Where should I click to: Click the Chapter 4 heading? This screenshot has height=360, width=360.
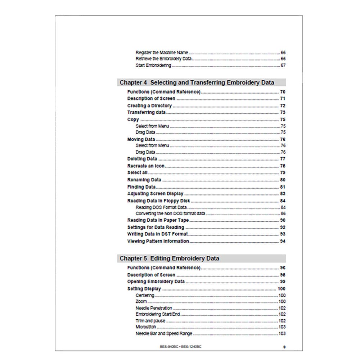tap(197, 82)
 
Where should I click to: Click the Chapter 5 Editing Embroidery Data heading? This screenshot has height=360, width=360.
tap(169, 258)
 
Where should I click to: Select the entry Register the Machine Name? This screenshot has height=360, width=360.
tap(162, 52)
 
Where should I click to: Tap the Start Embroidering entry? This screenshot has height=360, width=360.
tap(153, 66)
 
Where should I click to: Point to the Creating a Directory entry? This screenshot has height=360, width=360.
tap(149, 105)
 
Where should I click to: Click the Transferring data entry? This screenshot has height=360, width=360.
tap(146, 112)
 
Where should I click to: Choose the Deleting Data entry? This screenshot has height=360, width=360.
tap(142, 159)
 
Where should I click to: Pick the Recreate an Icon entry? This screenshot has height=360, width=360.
tap(146, 166)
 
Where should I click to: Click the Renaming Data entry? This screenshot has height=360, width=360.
tap(144, 180)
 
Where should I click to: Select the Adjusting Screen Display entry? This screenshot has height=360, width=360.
tap(155, 194)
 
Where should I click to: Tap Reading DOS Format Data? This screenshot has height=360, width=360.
tap(161, 207)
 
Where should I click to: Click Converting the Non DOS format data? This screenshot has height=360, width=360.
tap(170, 213)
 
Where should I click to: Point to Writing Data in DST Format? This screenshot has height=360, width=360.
tap(158, 234)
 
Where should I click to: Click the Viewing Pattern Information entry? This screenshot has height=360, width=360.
tap(158, 241)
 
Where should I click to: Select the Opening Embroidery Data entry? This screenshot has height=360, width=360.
tap(156, 282)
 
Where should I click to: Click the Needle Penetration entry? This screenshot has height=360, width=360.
tap(154, 308)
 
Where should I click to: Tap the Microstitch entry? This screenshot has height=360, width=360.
tap(146, 327)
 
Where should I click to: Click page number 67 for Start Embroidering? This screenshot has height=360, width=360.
tap(283, 66)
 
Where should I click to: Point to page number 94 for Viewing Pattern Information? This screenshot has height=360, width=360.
tap(283, 241)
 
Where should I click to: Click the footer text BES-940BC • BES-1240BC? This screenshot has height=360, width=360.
tap(181, 346)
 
